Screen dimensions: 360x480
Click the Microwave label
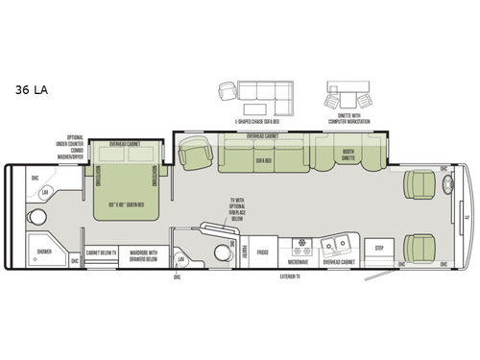point(297,261)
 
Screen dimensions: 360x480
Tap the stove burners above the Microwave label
point(297,241)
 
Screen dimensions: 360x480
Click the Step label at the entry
point(379,247)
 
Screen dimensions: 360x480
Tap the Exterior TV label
point(297,276)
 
